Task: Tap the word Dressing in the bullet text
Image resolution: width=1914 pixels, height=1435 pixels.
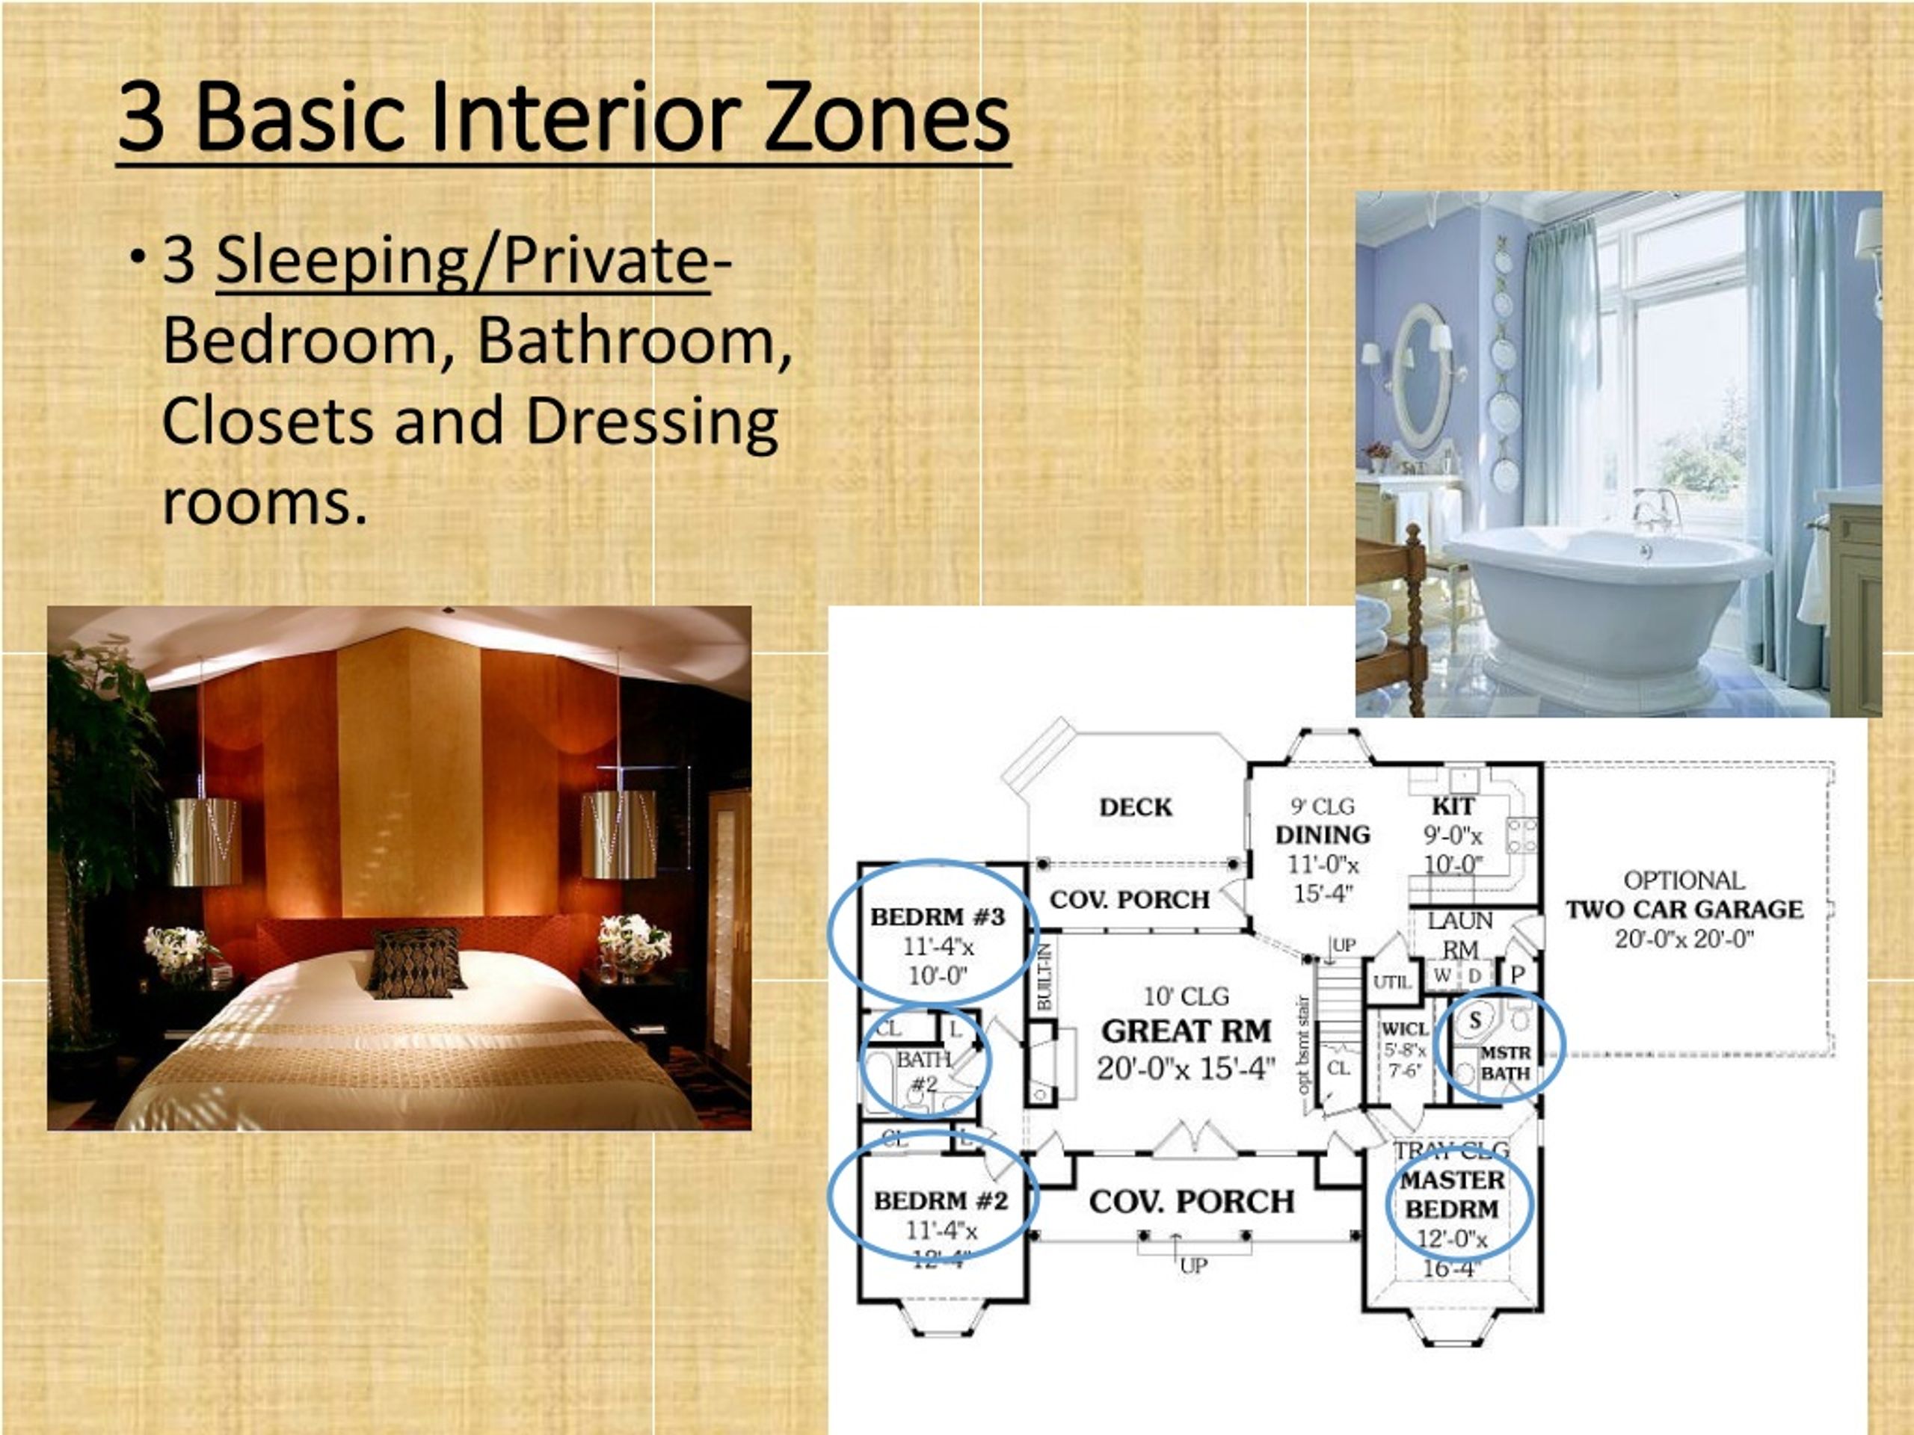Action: [651, 422]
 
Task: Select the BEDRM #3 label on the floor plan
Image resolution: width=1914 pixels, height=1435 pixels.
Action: [937, 917]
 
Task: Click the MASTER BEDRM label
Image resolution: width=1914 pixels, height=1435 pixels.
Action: [1452, 1194]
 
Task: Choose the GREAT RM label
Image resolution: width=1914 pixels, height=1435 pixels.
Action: [1187, 1031]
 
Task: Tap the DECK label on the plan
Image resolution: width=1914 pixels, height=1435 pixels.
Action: [1135, 807]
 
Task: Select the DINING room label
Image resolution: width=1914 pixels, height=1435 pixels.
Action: [1322, 835]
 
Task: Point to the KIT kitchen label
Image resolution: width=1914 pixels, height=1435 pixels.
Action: [1453, 806]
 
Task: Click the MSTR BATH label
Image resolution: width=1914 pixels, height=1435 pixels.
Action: [1506, 1063]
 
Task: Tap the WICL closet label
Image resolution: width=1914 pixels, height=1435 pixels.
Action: [1404, 1029]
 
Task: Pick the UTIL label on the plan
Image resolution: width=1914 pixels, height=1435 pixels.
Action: [1392, 983]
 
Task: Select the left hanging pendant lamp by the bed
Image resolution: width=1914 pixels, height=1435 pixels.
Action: [204, 840]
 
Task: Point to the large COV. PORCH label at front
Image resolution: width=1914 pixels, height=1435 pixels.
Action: [1192, 1202]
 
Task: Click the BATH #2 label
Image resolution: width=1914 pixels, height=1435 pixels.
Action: [923, 1070]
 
